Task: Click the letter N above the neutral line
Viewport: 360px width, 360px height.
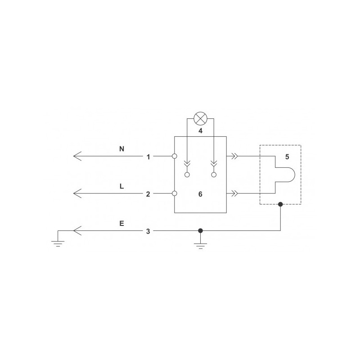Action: (121, 149)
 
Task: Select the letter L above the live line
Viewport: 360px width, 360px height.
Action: (121, 186)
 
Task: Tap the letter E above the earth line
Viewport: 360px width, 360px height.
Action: (121, 223)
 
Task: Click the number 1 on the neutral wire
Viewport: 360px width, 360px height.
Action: (148, 157)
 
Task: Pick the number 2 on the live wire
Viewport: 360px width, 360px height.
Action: (148, 194)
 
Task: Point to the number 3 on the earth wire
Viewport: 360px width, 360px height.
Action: (148, 231)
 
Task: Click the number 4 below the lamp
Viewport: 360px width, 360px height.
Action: (200, 131)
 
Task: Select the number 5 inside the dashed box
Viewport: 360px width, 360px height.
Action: (287, 157)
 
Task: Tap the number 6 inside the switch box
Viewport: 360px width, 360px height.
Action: (200, 194)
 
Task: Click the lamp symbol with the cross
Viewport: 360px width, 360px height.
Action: (200, 118)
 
